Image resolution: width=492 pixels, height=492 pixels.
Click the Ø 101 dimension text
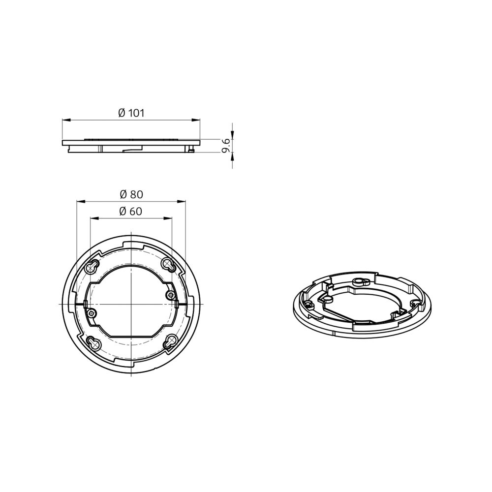coord(131,113)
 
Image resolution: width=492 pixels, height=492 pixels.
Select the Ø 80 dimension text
coord(131,194)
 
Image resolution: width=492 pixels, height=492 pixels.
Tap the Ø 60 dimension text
coord(131,212)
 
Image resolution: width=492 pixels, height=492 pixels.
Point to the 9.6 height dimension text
coord(226,146)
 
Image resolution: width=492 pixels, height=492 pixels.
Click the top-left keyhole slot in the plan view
coord(92,267)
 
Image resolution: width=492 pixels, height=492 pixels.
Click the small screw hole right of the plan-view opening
coord(171,294)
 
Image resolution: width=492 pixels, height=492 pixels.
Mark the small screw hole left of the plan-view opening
coord(92,313)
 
